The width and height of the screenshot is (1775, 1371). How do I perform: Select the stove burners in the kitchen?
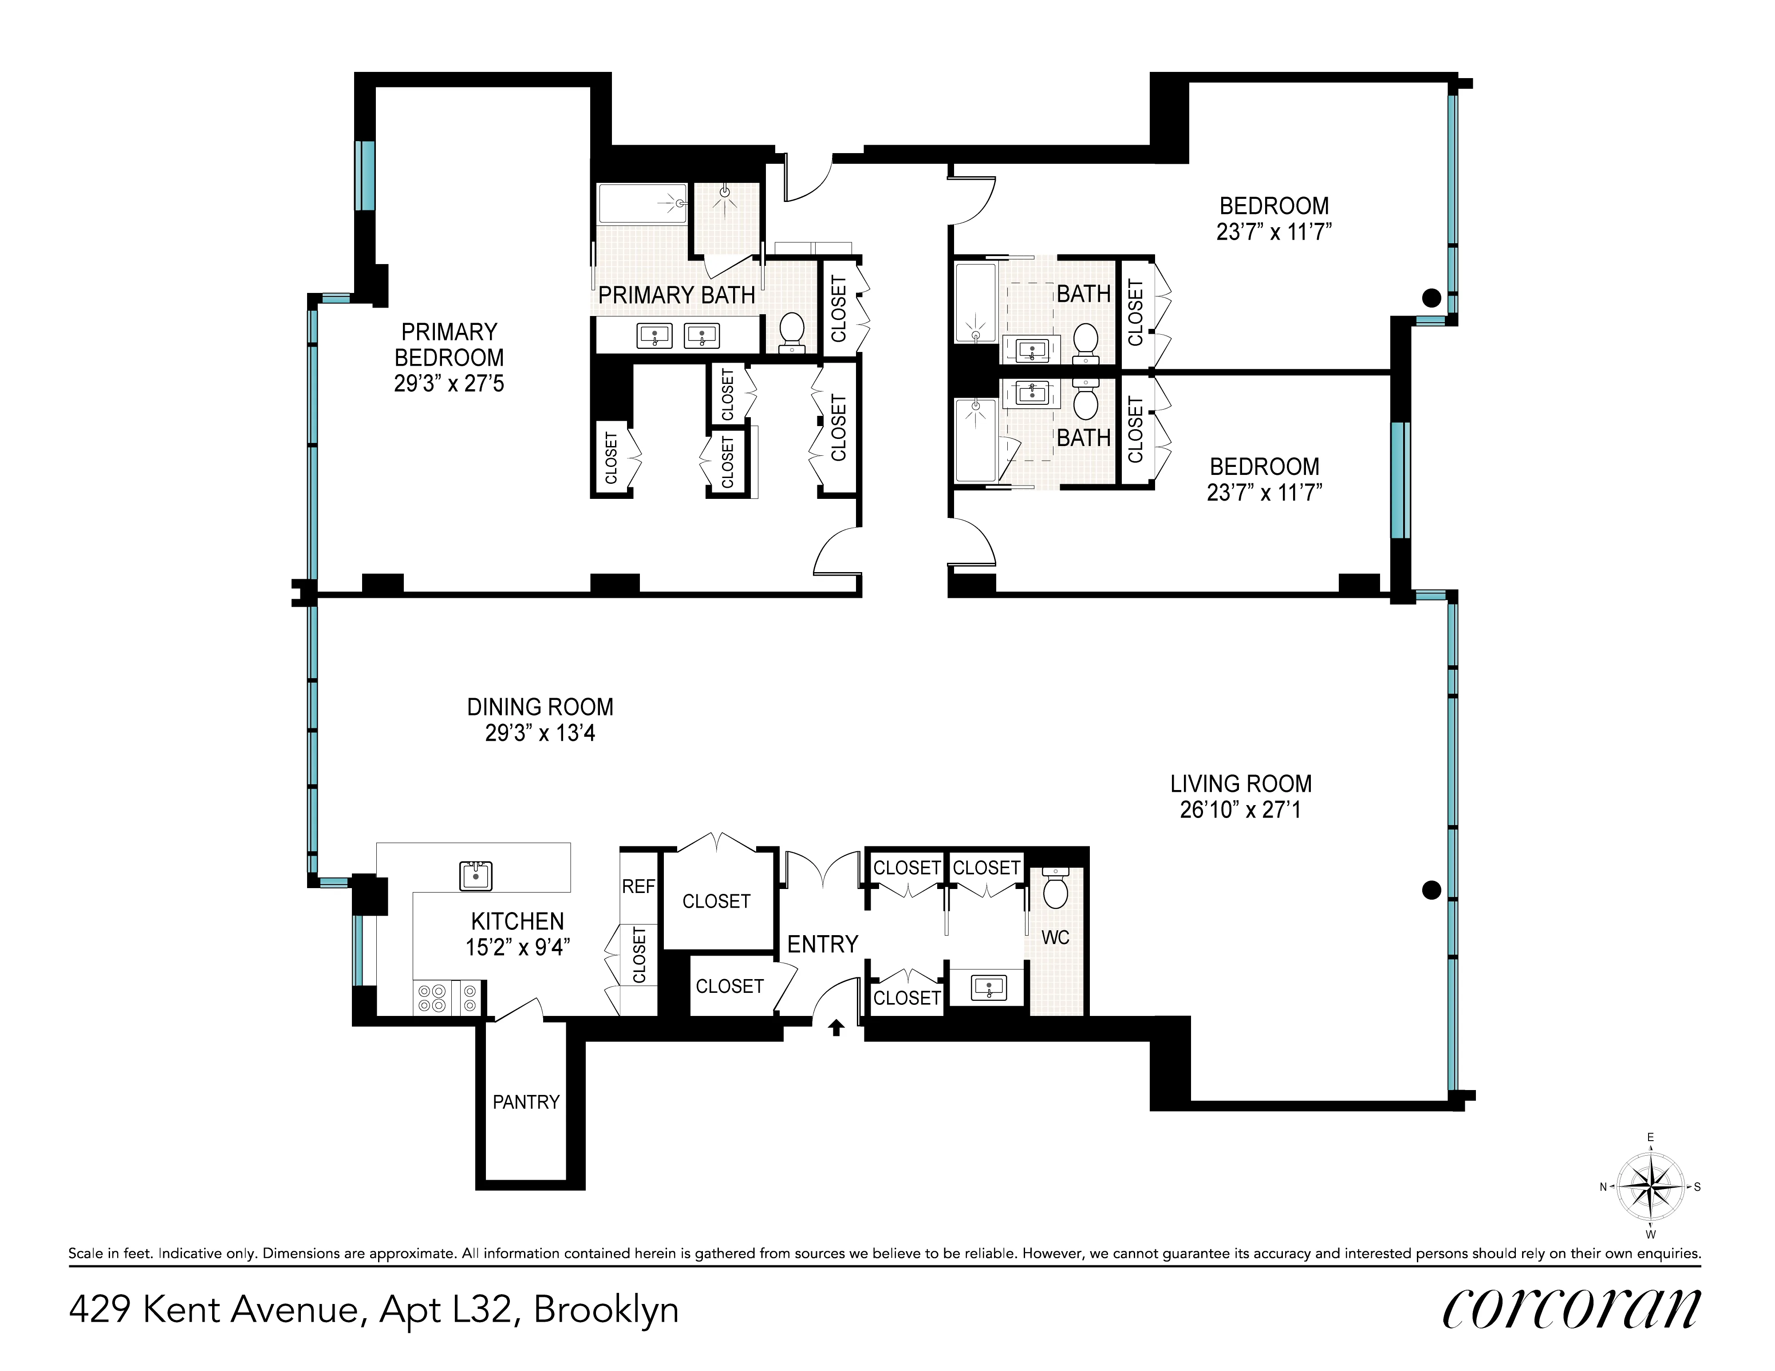pos(432,998)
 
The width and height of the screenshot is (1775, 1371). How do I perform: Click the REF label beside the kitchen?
pos(638,887)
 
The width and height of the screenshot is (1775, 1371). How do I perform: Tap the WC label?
pos(1055,938)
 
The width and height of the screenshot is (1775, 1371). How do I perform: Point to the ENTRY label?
pos(822,944)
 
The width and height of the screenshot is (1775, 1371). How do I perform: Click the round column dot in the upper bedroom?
pos(1431,298)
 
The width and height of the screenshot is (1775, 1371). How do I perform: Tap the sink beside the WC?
pos(988,988)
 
